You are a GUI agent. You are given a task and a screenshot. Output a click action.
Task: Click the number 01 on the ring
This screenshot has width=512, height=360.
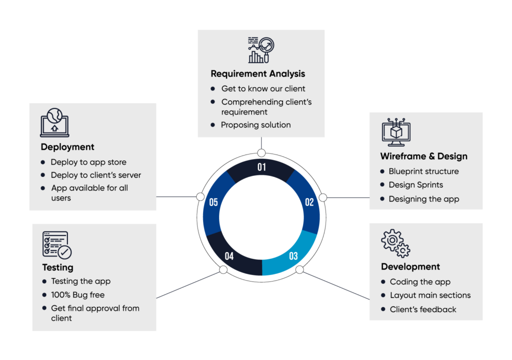[261, 167]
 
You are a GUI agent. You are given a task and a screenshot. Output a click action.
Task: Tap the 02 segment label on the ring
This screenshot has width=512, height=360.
[309, 202]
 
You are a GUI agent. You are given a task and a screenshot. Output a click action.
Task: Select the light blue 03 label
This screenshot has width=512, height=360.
[293, 256]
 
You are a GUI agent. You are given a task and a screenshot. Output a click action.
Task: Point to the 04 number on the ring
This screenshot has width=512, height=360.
[229, 256]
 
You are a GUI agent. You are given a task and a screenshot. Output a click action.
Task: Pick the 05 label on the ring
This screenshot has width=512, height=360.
[213, 202]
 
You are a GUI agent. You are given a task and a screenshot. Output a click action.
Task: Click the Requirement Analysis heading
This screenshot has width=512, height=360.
[257, 73]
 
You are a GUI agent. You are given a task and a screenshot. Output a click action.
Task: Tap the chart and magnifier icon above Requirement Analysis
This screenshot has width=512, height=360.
[261, 50]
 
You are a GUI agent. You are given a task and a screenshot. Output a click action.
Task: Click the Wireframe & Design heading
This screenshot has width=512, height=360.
[423, 156]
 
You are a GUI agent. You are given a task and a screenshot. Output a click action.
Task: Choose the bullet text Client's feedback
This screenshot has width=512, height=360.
[423, 309]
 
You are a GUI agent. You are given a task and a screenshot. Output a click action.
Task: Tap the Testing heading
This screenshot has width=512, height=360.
[57, 267]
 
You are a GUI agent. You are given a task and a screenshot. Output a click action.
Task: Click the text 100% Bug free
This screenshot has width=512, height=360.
[77, 295]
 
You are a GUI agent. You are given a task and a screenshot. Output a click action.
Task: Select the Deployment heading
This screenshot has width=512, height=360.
[67, 147]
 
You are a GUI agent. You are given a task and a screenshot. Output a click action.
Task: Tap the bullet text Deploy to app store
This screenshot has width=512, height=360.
[88, 162]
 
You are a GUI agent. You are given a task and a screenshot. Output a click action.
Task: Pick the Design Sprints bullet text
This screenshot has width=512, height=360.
[415, 185]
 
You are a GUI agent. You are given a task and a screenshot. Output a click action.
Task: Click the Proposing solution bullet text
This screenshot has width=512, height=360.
[255, 125]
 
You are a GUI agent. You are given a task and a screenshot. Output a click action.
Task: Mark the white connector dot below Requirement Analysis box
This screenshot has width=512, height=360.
[261, 153]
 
